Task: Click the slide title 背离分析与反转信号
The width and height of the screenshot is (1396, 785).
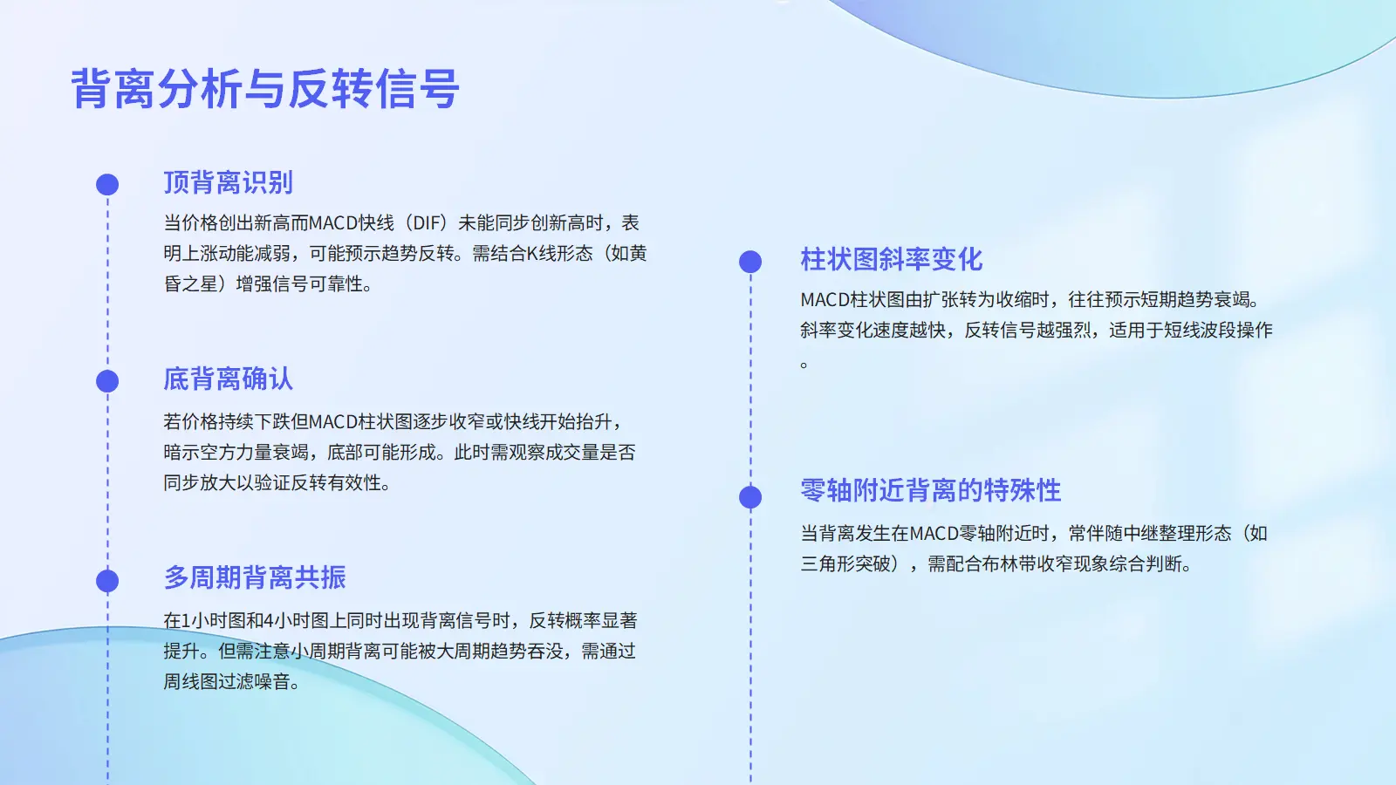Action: pyautogui.click(x=265, y=88)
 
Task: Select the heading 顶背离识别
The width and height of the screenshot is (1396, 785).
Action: pyautogui.click(x=228, y=182)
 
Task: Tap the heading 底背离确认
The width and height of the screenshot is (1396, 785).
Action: pyautogui.click(x=228, y=379)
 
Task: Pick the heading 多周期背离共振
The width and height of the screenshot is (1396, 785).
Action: pyautogui.click(x=254, y=577)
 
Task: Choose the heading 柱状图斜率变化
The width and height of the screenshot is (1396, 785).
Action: pyautogui.click(x=891, y=259)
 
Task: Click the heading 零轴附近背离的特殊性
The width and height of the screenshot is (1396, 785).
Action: pyautogui.click(x=930, y=490)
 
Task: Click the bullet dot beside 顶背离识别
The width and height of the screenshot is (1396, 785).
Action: pyautogui.click(x=107, y=184)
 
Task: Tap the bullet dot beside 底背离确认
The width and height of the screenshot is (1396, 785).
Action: pyautogui.click(x=107, y=381)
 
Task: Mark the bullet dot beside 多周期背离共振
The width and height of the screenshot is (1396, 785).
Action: pyautogui.click(x=107, y=581)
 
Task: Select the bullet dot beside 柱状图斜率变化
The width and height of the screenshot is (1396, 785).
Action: pyautogui.click(x=750, y=262)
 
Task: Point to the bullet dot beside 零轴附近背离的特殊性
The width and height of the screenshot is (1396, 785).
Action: pyautogui.click(x=750, y=497)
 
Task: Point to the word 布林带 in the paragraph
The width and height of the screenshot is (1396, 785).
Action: pyautogui.click(x=1009, y=563)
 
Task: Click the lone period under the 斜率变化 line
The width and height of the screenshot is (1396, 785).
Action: pyautogui.click(x=804, y=365)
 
